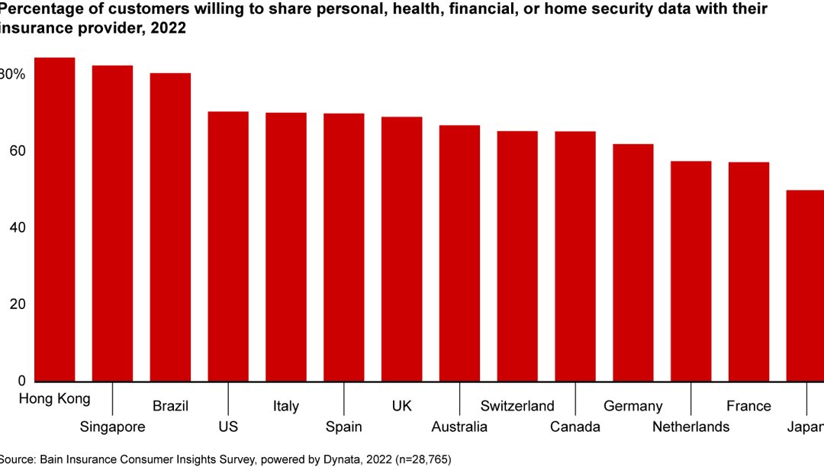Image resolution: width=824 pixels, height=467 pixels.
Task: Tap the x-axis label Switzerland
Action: (517, 405)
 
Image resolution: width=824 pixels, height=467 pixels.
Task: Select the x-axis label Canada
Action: (575, 427)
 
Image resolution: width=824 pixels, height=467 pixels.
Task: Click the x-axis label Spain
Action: (343, 427)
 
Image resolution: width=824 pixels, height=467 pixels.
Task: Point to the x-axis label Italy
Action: (286, 406)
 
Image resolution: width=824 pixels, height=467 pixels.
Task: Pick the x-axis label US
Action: (228, 427)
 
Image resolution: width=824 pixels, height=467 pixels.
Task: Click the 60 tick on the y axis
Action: (16, 151)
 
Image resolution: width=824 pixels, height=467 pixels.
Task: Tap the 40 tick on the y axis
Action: (16, 227)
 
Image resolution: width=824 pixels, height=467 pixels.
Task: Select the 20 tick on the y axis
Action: (16, 304)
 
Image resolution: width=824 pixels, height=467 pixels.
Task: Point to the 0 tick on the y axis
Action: (21, 381)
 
